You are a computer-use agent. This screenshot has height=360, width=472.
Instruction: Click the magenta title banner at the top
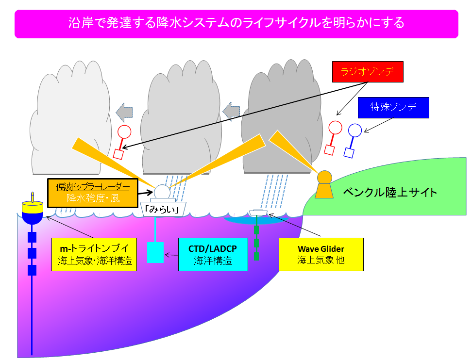click(236, 24)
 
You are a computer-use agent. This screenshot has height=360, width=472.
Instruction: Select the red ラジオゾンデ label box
click(368, 72)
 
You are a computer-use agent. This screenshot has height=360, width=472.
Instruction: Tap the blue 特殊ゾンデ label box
click(393, 107)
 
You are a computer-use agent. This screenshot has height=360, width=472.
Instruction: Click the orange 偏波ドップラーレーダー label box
click(93, 193)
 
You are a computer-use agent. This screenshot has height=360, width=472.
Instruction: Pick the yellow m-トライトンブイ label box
click(94, 254)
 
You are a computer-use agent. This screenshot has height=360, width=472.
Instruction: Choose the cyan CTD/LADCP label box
click(213, 254)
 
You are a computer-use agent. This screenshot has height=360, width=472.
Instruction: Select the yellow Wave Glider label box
click(321, 254)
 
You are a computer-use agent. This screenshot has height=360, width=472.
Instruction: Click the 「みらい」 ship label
click(163, 209)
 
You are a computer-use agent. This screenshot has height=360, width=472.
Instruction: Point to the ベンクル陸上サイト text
click(390, 193)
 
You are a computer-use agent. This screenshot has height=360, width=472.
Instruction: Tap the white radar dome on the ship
click(162, 192)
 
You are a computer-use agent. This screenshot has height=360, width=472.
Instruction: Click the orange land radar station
click(324, 184)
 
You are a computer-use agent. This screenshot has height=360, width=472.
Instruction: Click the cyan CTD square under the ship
click(155, 253)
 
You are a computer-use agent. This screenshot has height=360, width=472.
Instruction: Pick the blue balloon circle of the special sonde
click(355, 130)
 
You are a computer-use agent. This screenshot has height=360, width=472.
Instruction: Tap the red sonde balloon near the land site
click(335, 128)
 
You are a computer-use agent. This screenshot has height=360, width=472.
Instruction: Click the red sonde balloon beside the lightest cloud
click(124, 132)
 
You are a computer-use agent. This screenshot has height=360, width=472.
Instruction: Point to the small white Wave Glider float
click(258, 213)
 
